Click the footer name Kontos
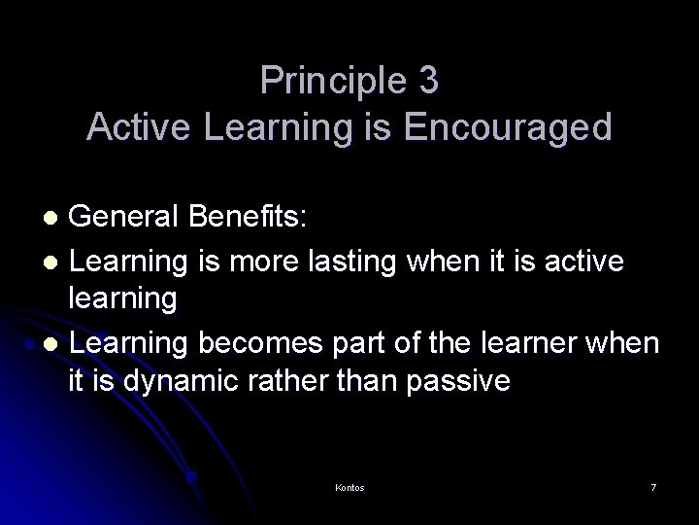(x=349, y=487)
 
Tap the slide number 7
(x=653, y=487)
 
